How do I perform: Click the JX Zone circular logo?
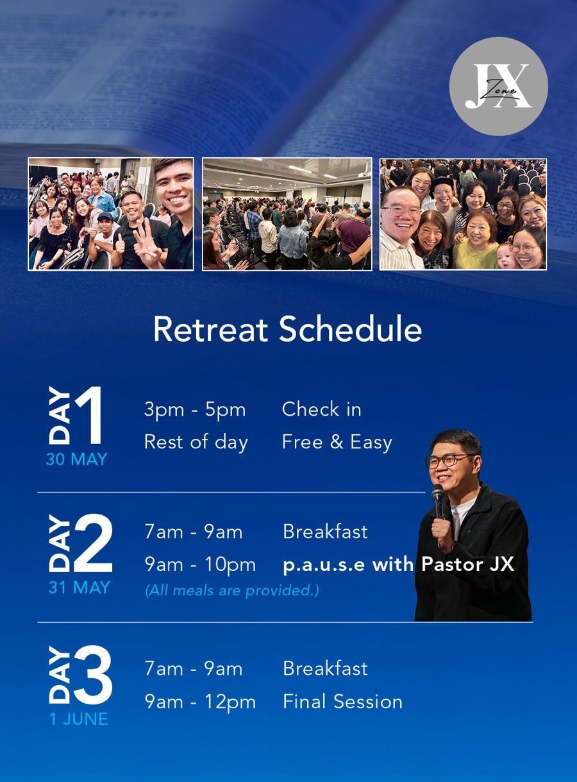[498, 87]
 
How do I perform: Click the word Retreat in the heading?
[210, 329]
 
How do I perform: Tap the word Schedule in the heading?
[351, 329]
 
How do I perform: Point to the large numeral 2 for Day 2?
[93, 543]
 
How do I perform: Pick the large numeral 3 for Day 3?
[93, 674]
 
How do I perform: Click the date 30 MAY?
[76, 459]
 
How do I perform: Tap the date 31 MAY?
[79, 588]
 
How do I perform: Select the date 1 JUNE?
[79, 719]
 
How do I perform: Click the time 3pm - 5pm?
[195, 411]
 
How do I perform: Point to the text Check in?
[322, 409]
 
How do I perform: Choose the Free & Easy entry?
[337, 442]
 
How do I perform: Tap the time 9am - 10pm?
[200, 565]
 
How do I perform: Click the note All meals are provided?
[232, 590]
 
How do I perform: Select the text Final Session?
[342, 701]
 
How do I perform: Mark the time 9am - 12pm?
[200, 702]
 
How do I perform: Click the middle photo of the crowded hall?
[287, 214]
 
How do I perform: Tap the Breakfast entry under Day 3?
[325, 668]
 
